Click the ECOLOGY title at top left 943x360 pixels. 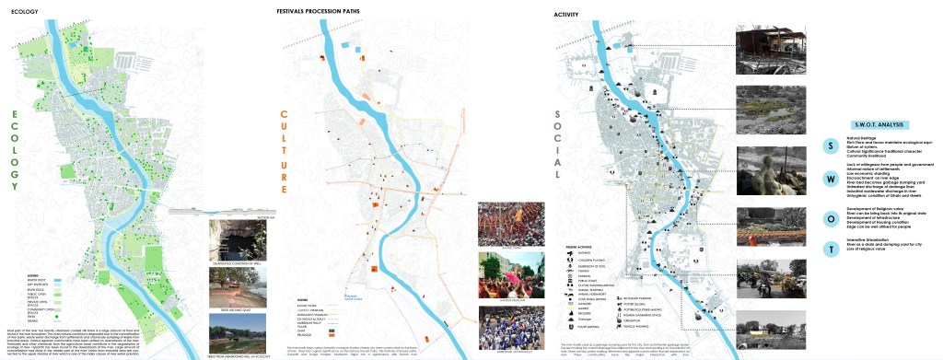click(x=24, y=14)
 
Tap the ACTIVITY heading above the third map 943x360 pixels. click(x=566, y=15)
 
